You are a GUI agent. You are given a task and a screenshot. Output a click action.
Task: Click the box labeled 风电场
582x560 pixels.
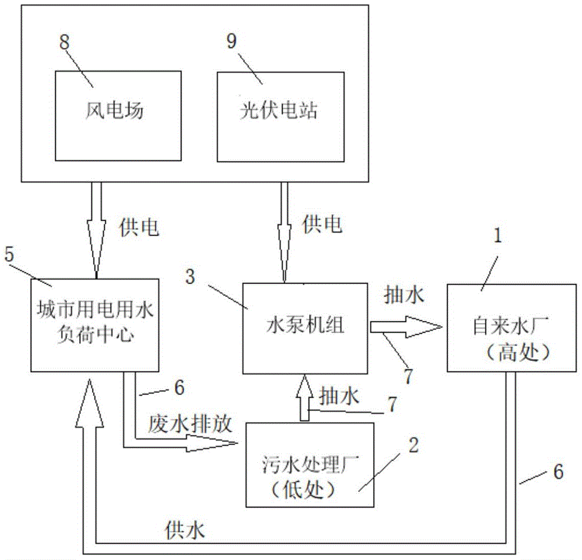pos(118,116)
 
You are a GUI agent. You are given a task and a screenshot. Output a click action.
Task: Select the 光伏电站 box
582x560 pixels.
pos(281,116)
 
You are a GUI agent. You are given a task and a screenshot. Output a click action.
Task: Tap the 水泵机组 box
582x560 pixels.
pos(305,328)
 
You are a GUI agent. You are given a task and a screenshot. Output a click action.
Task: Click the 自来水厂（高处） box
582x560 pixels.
pos(512,328)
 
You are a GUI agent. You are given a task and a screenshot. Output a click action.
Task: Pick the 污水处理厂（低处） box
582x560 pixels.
pos(310,465)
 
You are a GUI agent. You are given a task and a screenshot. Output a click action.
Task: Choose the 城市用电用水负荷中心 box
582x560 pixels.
pos(95,325)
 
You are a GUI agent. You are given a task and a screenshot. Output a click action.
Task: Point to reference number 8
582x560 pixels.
pos(65,41)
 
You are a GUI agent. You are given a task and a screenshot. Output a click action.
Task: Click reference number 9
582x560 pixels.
pos(232,41)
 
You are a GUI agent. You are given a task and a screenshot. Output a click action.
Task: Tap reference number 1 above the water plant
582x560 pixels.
pos(498,235)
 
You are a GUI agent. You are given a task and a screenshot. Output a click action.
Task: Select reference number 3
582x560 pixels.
pos(190,277)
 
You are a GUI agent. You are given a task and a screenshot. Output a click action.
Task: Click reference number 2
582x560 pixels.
pos(413,445)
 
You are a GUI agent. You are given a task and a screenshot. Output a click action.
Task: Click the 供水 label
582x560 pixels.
pos(185,530)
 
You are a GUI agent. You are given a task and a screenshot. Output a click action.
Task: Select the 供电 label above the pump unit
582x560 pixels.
pos(322,225)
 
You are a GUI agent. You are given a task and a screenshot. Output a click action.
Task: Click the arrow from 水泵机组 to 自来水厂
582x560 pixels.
pos(406,327)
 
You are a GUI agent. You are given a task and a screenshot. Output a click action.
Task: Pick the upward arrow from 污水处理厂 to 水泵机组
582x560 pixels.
pos(304,398)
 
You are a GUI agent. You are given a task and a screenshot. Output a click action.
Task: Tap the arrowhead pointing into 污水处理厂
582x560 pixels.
pos(212,444)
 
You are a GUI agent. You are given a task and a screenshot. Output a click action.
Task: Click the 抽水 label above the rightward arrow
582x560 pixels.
pos(404,296)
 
